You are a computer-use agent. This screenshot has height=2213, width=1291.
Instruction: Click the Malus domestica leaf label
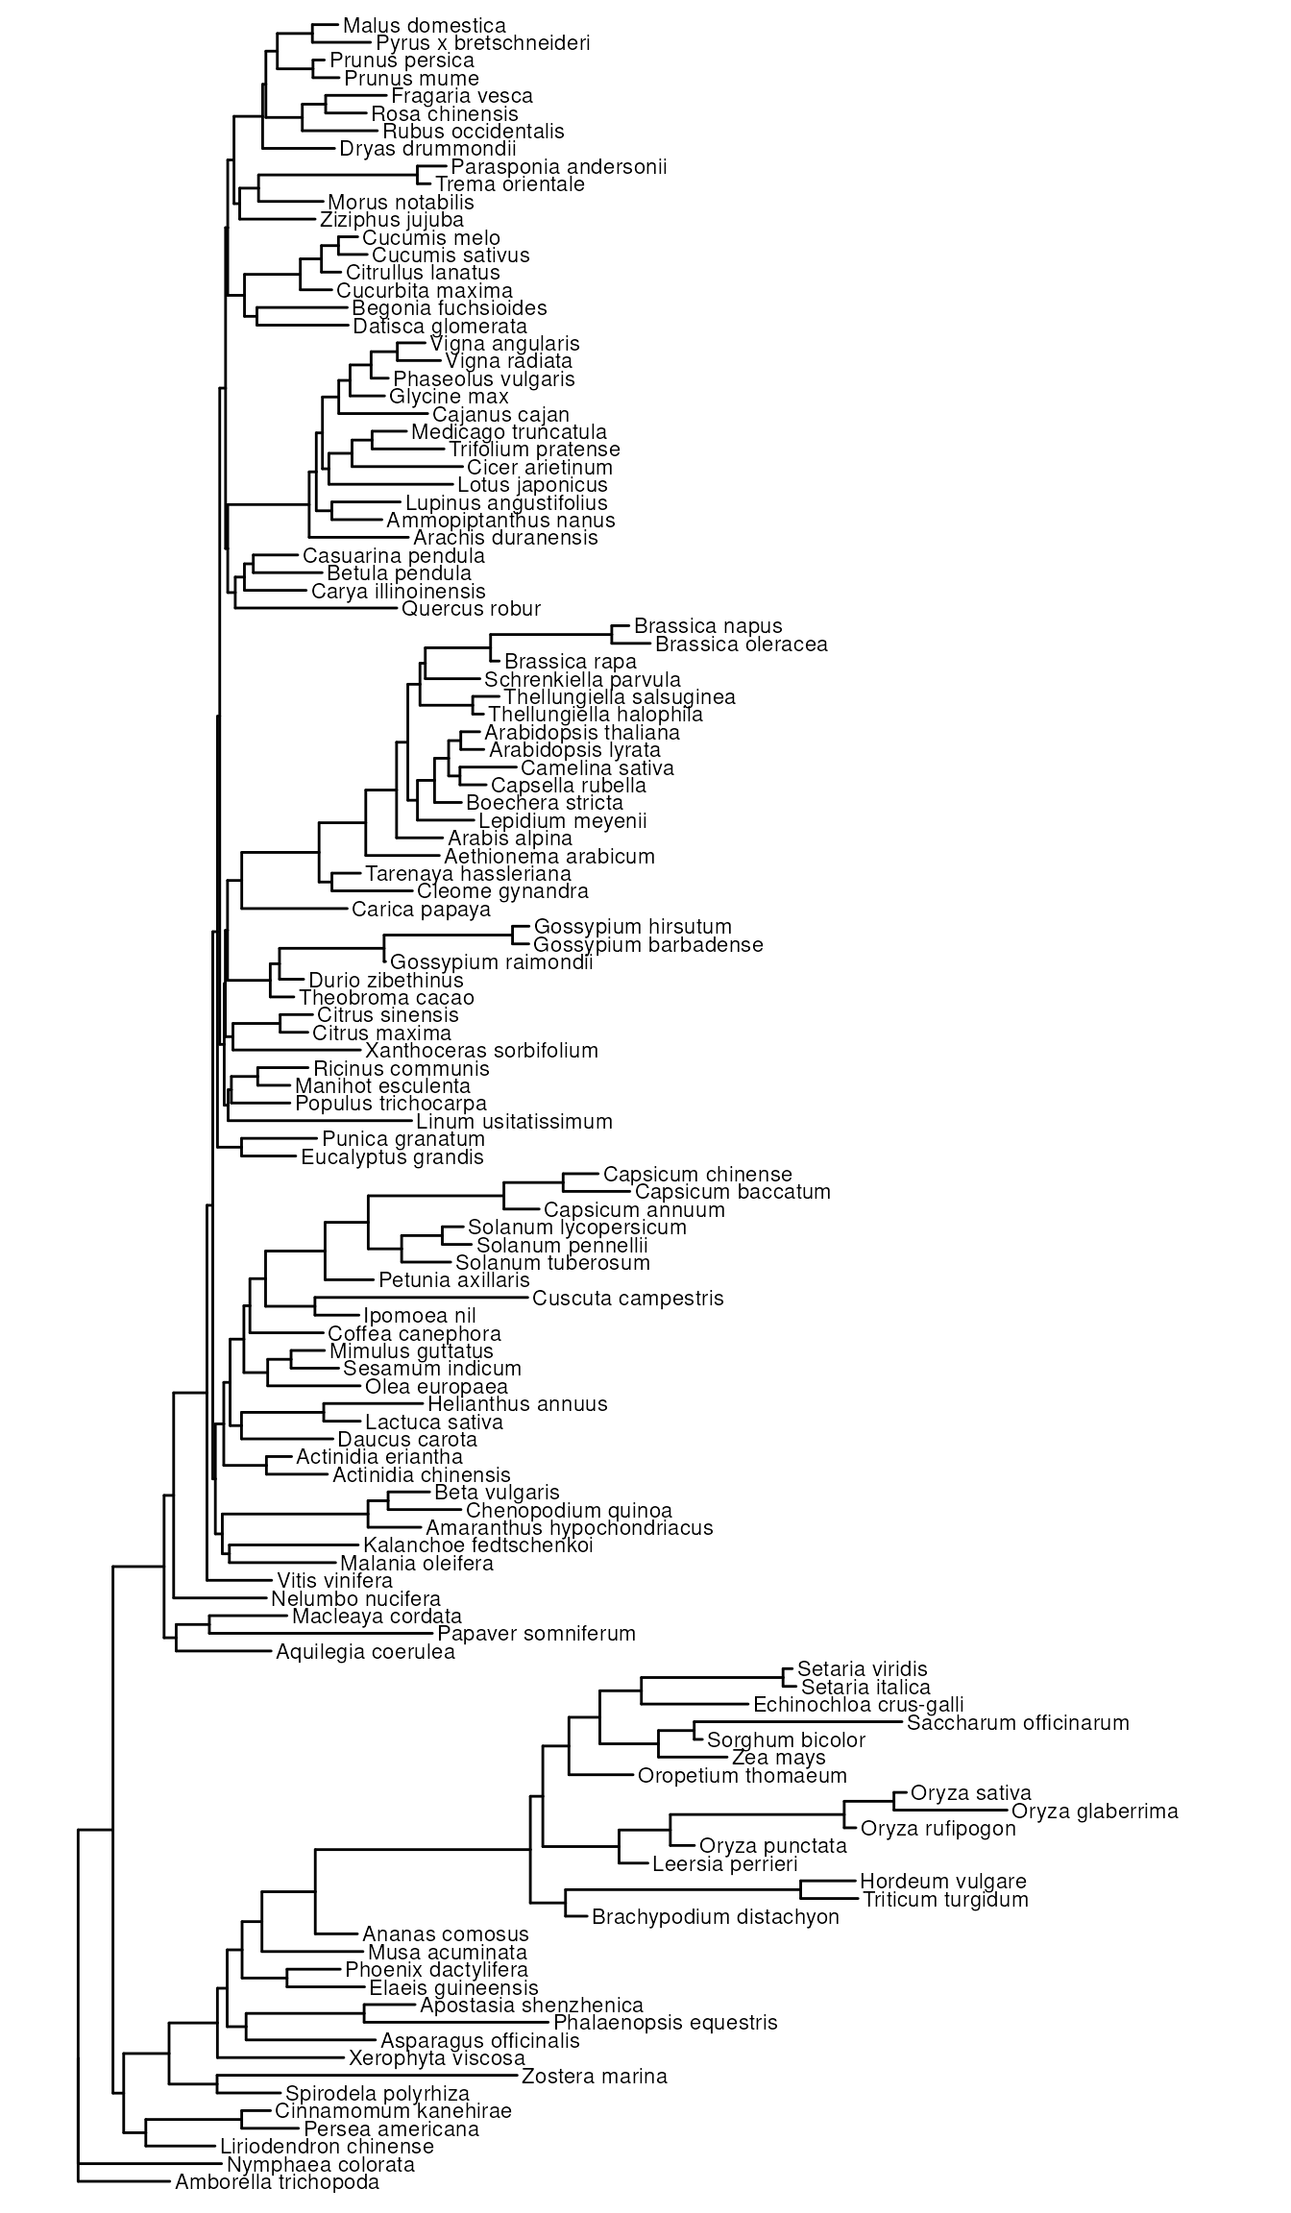click(424, 25)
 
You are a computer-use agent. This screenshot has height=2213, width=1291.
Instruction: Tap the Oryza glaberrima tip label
click(1095, 1812)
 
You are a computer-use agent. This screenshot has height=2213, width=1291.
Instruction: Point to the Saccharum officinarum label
click(1018, 1722)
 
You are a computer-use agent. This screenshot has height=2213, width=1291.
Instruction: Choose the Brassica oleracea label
click(741, 644)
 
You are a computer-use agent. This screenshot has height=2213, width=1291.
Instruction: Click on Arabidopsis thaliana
click(582, 732)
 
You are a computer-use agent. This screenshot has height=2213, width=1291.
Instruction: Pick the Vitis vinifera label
click(334, 1580)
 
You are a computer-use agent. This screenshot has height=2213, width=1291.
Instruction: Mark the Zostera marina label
click(594, 2076)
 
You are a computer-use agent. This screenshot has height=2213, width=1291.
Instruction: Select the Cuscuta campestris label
click(628, 1299)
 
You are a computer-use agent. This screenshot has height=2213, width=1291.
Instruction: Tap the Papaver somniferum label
click(536, 1633)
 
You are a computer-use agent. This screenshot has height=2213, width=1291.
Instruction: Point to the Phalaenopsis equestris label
click(666, 2023)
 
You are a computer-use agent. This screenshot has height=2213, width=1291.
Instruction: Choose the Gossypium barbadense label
click(648, 944)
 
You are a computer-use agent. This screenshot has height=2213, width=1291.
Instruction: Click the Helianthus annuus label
click(518, 1404)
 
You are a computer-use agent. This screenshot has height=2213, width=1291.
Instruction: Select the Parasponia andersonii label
click(559, 167)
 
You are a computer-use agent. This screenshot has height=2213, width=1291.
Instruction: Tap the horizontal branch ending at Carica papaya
click(296, 908)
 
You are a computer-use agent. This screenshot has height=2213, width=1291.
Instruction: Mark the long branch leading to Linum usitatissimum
click(321, 1121)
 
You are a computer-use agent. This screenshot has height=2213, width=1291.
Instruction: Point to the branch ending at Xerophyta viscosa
click(282, 2057)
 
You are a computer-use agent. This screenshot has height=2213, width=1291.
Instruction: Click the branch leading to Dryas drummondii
click(301, 149)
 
